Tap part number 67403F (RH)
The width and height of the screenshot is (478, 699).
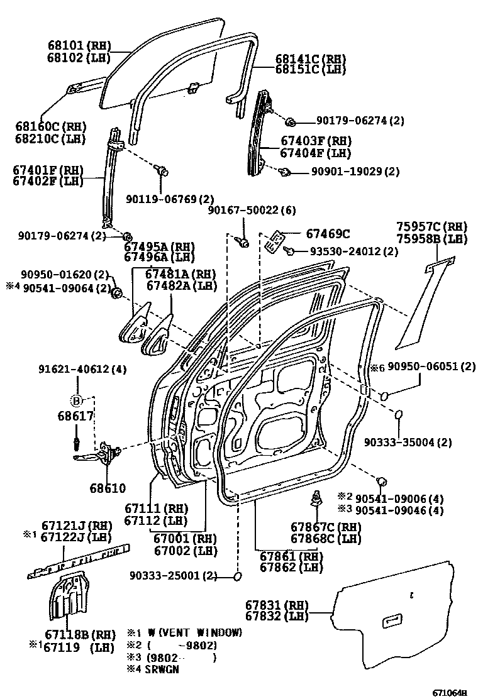click(x=315, y=141)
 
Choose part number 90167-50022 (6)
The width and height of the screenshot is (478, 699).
click(x=252, y=210)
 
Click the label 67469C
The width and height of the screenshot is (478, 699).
click(x=328, y=234)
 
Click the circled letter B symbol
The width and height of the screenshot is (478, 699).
click(x=76, y=400)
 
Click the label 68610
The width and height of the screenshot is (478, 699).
click(x=108, y=488)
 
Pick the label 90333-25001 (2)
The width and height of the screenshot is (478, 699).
click(x=174, y=576)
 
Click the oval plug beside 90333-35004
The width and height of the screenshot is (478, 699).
click(x=398, y=415)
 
